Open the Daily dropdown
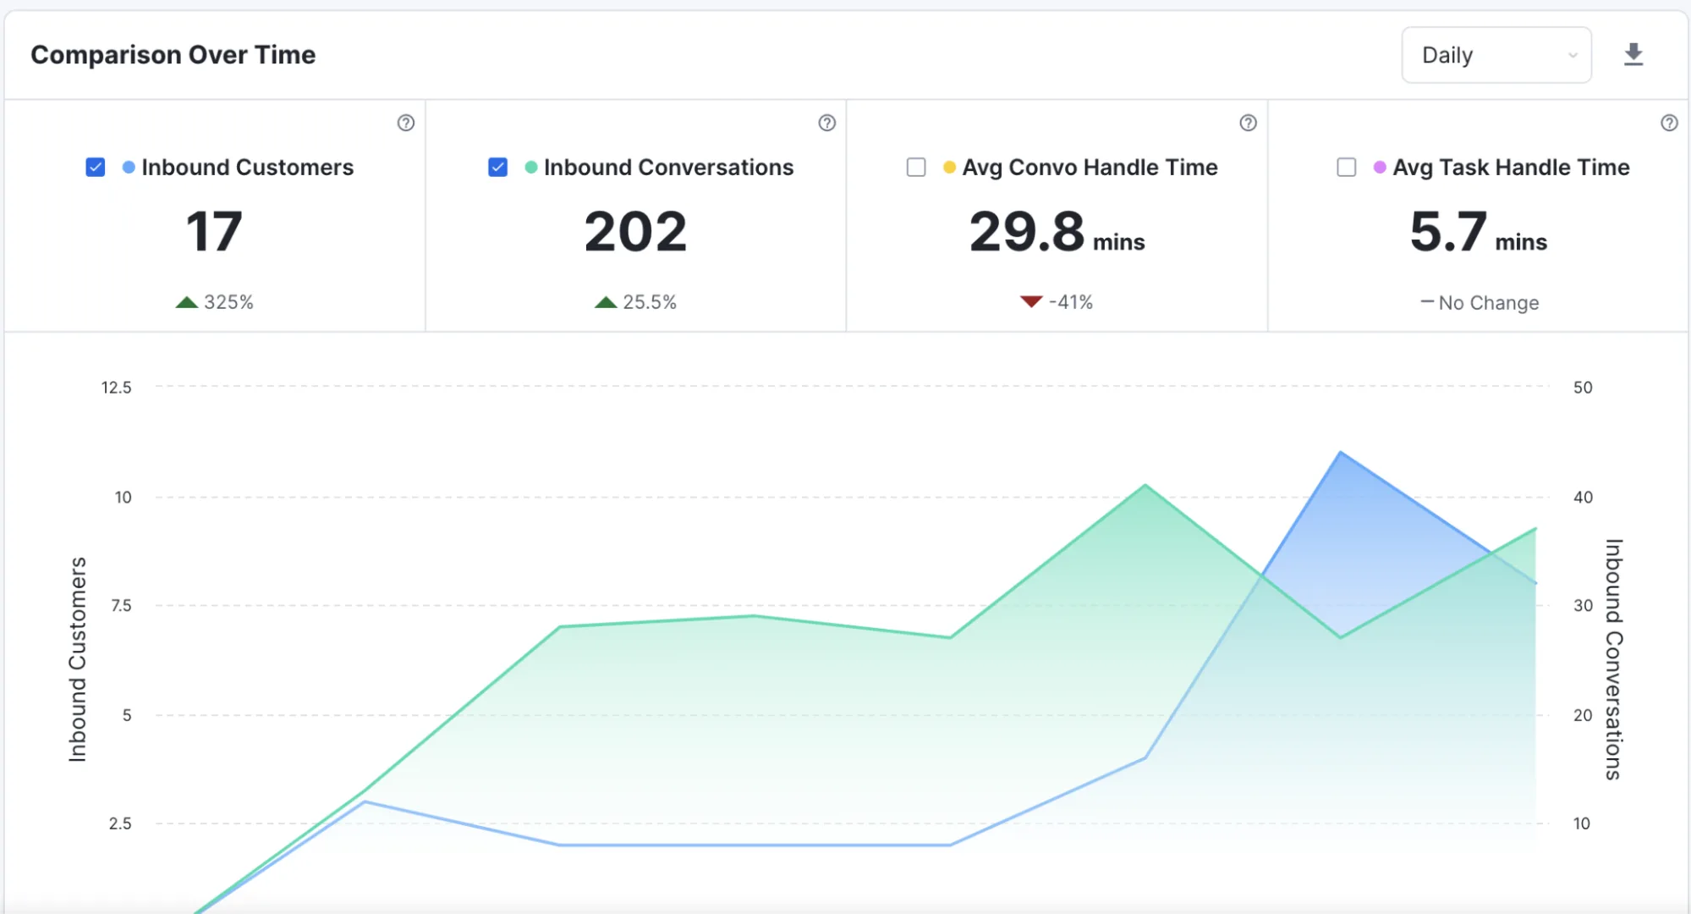click(1496, 55)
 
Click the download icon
click(1633, 55)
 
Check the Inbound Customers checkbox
click(96, 168)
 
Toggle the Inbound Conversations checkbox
click(498, 168)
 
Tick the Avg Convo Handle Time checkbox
click(916, 168)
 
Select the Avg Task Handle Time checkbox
click(1347, 168)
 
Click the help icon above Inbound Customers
click(406, 123)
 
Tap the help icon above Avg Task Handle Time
click(1669, 123)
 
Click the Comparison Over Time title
click(173, 55)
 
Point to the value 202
click(636, 232)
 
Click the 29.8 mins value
click(1057, 232)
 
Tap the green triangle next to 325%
click(187, 302)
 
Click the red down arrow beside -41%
click(1031, 301)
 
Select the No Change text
click(1489, 303)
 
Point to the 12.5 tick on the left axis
click(117, 388)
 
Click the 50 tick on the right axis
click(1583, 388)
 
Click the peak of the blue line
click(1341, 453)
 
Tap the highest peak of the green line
click(1145, 485)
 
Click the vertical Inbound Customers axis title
click(78, 659)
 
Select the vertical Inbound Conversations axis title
click(1614, 659)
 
